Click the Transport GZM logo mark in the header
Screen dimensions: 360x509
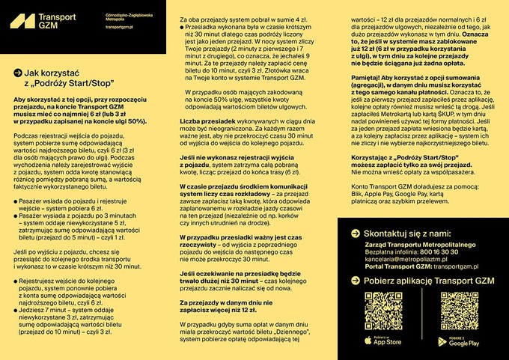pyautogui.click(x=22, y=21)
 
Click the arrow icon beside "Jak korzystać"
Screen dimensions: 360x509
pyautogui.click(x=18, y=73)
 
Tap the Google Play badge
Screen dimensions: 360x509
pyautogui.click(x=458, y=341)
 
